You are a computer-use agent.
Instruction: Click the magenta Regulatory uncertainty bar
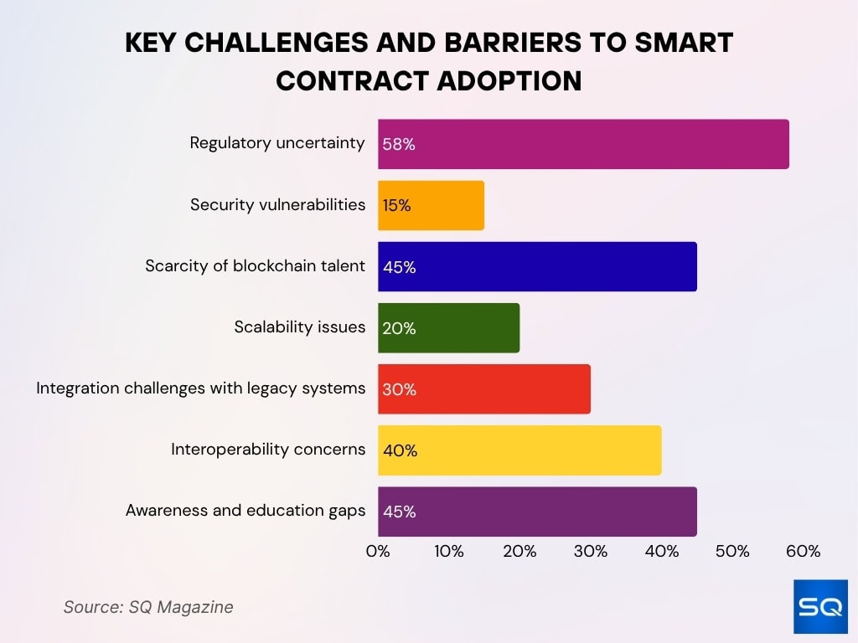pyautogui.click(x=583, y=144)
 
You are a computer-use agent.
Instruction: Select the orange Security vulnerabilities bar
pyautogui.click(x=431, y=205)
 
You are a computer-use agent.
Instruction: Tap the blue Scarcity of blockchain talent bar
pyautogui.click(x=537, y=267)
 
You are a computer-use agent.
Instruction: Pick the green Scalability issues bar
pyautogui.click(x=448, y=328)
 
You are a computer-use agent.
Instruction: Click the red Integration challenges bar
pyautogui.click(x=484, y=389)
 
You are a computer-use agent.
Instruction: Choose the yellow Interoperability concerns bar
pyautogui.click(x=519, y=450)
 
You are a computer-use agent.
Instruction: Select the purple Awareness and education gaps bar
pyautogui.click(x=537, y=512)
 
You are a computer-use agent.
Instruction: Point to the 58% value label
pyautogui.click(x=399, y=144)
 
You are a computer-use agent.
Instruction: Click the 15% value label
pyautogui.click(x=397, y=205)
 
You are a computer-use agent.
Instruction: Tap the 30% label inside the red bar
pyautogui.click(x=399, y=389)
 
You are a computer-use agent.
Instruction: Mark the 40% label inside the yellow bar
pyautogui.click(x=400, y=450)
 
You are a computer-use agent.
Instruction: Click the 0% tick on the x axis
pyautogui.click(x=378, y=552)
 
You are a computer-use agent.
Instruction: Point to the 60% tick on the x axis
pyautogui.click(x=803, y=552)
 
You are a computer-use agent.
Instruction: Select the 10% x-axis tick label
pyautogui.click(x=449, y=552)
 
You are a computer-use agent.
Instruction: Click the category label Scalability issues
pyautogui.click(x=299, y=327)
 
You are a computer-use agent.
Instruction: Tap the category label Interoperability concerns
pyautogui.click(x=268, y=450)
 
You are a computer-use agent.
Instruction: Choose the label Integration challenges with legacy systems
pyautogui.click(x=200, y=388)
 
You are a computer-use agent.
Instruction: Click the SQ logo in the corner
pyautogui.click(x=820, y=606)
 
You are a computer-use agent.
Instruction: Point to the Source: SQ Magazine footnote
pyautogui.click(x=148, y=607)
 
